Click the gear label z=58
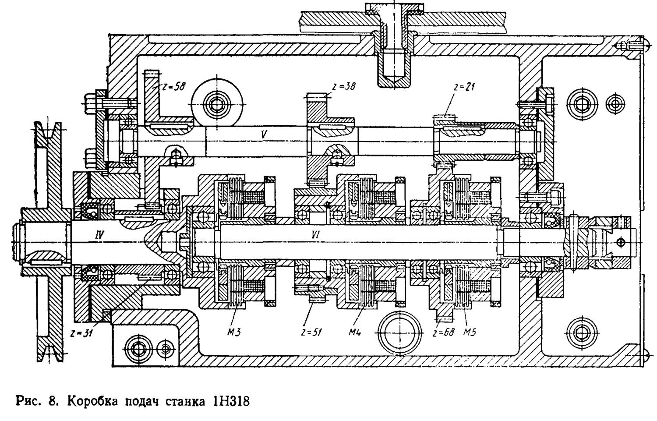click(x=173, y=86)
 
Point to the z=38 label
click(x=343, y=86)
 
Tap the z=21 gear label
click(x=465, y=87)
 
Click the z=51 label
click(x=311, y=332)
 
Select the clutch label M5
click(x=470, y=332)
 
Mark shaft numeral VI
click(x=315, y=236)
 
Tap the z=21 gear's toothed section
click(x=445, y=117)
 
